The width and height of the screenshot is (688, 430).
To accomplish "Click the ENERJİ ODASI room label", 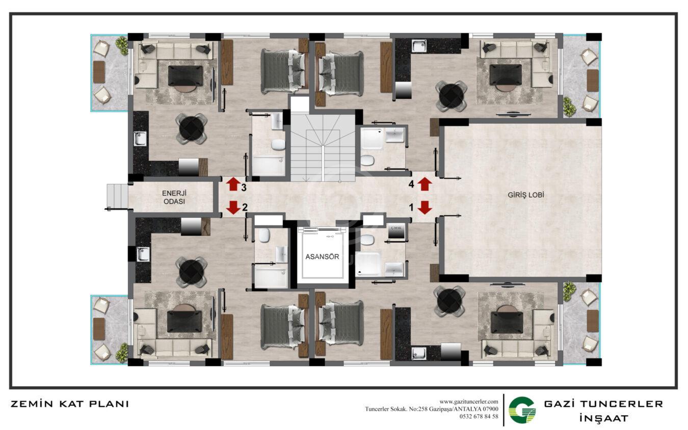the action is (174, 197).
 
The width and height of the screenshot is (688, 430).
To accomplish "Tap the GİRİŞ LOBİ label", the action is (525, 195).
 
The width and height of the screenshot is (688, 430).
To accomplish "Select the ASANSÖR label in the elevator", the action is (322, 256).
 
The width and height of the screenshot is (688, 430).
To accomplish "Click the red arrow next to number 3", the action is (233, 184).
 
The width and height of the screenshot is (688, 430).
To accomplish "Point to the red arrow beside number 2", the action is (233, 207).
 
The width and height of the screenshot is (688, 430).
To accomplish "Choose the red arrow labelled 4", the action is (425, 184).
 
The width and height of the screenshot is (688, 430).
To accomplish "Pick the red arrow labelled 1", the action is (425, 207).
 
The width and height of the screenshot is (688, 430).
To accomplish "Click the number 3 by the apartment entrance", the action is (244, 187).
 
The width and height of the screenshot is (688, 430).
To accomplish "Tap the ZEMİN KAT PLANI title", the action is (70, 404).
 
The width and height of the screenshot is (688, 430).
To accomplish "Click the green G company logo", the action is (522, 410).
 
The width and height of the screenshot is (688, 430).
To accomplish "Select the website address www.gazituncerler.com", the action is (469, 402).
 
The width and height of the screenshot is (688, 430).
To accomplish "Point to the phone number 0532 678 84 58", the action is (479, 416).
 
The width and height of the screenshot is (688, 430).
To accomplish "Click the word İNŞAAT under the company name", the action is (603, 418).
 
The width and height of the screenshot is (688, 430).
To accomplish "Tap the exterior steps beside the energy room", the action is (117, 196).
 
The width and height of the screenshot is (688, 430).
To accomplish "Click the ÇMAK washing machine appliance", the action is (396, 231).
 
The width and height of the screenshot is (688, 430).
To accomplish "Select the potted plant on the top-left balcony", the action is (122, 45).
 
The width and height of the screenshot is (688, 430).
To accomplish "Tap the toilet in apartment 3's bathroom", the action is (279, 145).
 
